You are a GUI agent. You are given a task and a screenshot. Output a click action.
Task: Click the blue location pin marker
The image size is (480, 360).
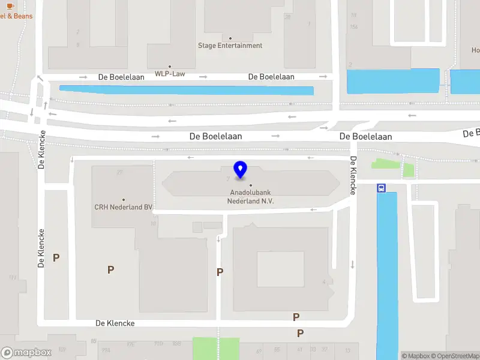pyautogui.click(x=241, y=170)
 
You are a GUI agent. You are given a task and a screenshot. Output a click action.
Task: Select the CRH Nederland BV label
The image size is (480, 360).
pyautogui.click(x=124, y=207)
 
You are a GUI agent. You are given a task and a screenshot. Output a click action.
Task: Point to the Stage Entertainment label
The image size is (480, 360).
pyautogui.click(x=230, y=46)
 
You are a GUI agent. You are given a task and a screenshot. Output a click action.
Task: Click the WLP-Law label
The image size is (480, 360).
pyautogui.click(x=170, y=74)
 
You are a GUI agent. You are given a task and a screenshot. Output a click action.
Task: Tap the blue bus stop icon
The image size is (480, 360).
pyautogui.click(x=381, y=188)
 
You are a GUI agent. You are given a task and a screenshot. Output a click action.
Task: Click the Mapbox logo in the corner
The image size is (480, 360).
pyautogui.click(x=27, y=353)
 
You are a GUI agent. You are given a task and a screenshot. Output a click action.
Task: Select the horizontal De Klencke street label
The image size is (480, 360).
pyautogui.click(x=115, y=323)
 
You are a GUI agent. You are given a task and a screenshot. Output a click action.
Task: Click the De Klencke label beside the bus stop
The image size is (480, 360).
pyautogui.click(x=353, y=175)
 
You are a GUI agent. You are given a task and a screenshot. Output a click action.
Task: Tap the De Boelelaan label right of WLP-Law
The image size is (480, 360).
pyautogui.click(x=271, y=77)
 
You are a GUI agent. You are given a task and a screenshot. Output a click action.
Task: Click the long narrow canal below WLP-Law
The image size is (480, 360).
pyautogui.click(x=186, y=91)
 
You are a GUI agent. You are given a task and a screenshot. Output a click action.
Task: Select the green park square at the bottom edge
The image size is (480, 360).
pyautogui.click(x=215, y=348)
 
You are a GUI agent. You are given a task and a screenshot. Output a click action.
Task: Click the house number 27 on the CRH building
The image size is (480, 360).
pyautogui.click(x=120, y=173)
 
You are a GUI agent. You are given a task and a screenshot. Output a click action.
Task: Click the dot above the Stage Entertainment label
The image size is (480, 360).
pyautogui.click(x=230, y=38)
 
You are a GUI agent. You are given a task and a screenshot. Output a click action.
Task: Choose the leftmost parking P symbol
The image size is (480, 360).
pyautogui.click(x=56, y=258)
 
